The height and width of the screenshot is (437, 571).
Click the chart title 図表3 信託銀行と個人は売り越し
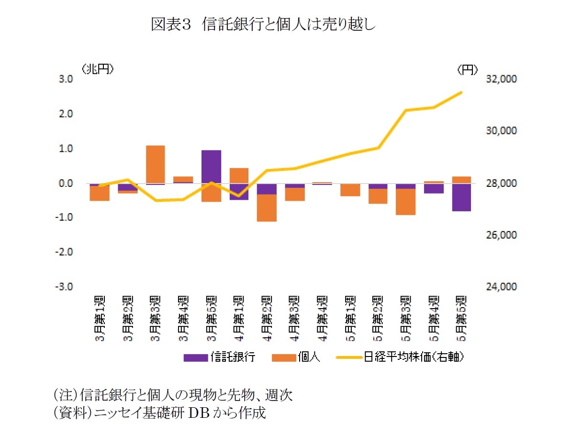coord(263,24)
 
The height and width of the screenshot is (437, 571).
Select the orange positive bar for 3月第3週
coord(155,164)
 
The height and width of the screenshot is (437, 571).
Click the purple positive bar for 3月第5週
coord(211,167)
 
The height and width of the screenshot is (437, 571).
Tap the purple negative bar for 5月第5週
coord(461,197)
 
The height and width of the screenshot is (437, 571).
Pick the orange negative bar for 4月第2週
coord(267,208)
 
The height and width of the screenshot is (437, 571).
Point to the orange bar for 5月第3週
coord(405,202)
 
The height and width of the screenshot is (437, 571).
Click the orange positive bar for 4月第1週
coord(239,175)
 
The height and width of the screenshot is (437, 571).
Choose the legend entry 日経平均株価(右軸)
coord(402,357)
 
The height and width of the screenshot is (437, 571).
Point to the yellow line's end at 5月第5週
coord(461,92)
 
